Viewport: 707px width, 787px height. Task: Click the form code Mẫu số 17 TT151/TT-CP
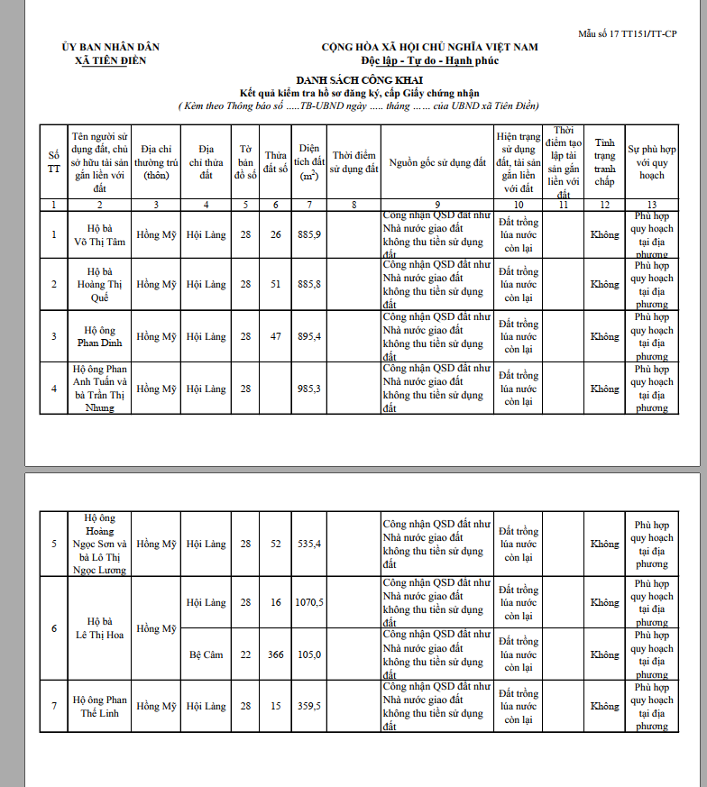pos(628,33)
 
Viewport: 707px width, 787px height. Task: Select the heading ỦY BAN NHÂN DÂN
pos(111,47)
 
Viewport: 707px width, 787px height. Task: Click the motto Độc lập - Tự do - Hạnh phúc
pos(429,60)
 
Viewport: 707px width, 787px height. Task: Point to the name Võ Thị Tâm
pos(100,241)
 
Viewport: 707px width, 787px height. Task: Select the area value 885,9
pos(308,234)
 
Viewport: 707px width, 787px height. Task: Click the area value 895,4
pos(308,336)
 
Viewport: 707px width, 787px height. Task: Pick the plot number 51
pos(275,285)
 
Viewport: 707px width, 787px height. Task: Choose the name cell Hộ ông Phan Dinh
pos(100,336)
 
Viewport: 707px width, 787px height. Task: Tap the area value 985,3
pos(308,389)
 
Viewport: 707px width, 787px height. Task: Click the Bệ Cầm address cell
pos(207,654)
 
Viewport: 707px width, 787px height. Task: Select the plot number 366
pos(275,654)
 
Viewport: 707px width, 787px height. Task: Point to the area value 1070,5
pos(308,602)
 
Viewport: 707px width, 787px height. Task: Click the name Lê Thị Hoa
pos(100,635)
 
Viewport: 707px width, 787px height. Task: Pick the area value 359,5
pos(308,707)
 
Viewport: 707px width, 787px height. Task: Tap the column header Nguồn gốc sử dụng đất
pos(437,162)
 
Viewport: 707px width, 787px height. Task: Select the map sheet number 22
pos(245,654)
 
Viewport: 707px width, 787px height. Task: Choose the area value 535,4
pos(308,544)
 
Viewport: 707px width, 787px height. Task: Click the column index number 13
pos(651,205)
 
